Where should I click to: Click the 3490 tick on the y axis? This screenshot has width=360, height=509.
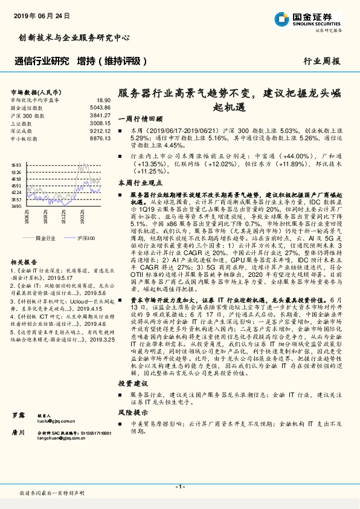click(x=16, y=206)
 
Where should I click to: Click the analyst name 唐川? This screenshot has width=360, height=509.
click(x=18, y=433)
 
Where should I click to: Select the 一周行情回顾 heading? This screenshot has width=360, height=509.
click(x=140, y=118)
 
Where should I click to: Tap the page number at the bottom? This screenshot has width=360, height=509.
click(x=179, y=486)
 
